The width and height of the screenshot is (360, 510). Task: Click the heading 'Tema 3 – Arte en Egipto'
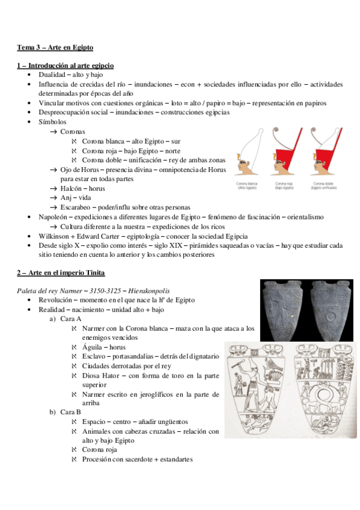coord(55,47)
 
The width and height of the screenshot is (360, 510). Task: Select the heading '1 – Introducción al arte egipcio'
coord(65,66)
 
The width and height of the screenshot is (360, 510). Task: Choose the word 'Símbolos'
coord(53,122)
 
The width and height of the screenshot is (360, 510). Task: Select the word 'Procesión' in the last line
coord(97,459)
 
